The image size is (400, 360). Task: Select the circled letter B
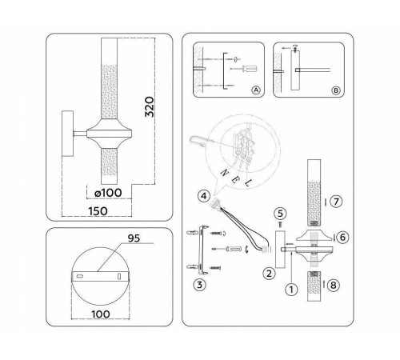(336, 91)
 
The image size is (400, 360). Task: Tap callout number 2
(270, 273)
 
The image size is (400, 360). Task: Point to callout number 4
(205, 194)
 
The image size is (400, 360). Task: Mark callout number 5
(280, 214)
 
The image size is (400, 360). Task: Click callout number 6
(342, 237)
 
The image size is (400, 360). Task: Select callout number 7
(337, 202)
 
